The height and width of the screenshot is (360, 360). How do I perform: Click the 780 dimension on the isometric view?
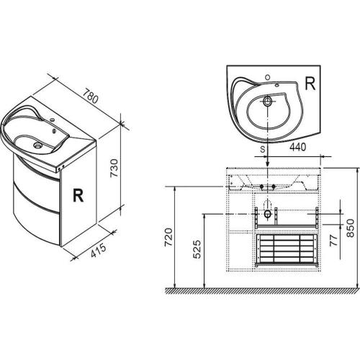pos(91,94)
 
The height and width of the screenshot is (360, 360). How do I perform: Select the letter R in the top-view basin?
pos(310,83)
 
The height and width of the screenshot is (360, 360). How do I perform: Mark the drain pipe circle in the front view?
pos(269,213)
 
